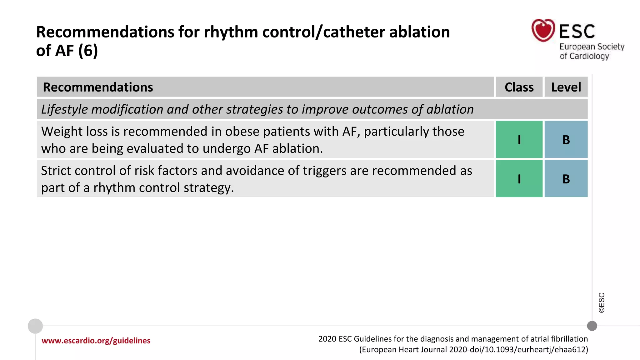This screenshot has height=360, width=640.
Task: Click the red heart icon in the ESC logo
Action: coord(543,30)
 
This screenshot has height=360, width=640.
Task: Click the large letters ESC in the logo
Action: coord(577,32)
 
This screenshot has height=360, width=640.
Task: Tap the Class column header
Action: coord(519,87)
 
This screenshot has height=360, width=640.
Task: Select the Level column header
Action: coord(566,87)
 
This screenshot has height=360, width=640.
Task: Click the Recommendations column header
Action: coord(98,87)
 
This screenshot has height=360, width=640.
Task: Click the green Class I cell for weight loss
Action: coord(519,140)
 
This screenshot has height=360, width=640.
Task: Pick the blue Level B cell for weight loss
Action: coord(566,140)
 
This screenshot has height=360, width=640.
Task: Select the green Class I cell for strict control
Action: coord(519,179)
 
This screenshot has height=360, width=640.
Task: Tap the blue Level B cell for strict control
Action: coord(566,179)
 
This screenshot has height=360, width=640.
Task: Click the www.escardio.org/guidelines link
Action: coord(96,341)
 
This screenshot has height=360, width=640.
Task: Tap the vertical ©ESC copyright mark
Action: coord(602,302)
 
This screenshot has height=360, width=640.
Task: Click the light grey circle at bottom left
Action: coord(35,326)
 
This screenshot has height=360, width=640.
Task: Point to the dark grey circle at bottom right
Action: coord(592,326)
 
